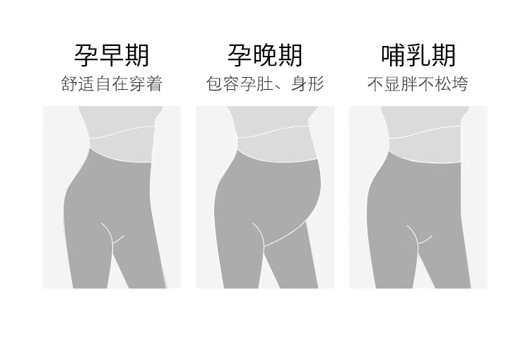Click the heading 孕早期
(112, 55)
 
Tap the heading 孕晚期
(265, 55)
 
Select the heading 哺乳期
(418, 55)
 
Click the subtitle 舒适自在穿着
(112, 84)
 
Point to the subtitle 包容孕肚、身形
(265, 84)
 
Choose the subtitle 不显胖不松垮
(418, 84)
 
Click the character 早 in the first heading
(112, 55)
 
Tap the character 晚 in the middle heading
(265, 55)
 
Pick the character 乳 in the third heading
(419, 55)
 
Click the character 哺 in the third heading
(394, 55)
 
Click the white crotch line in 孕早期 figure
(112, 235)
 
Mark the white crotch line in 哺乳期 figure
(418, 236)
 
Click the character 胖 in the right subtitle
(409, 84)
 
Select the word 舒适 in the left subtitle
(78, 84)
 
